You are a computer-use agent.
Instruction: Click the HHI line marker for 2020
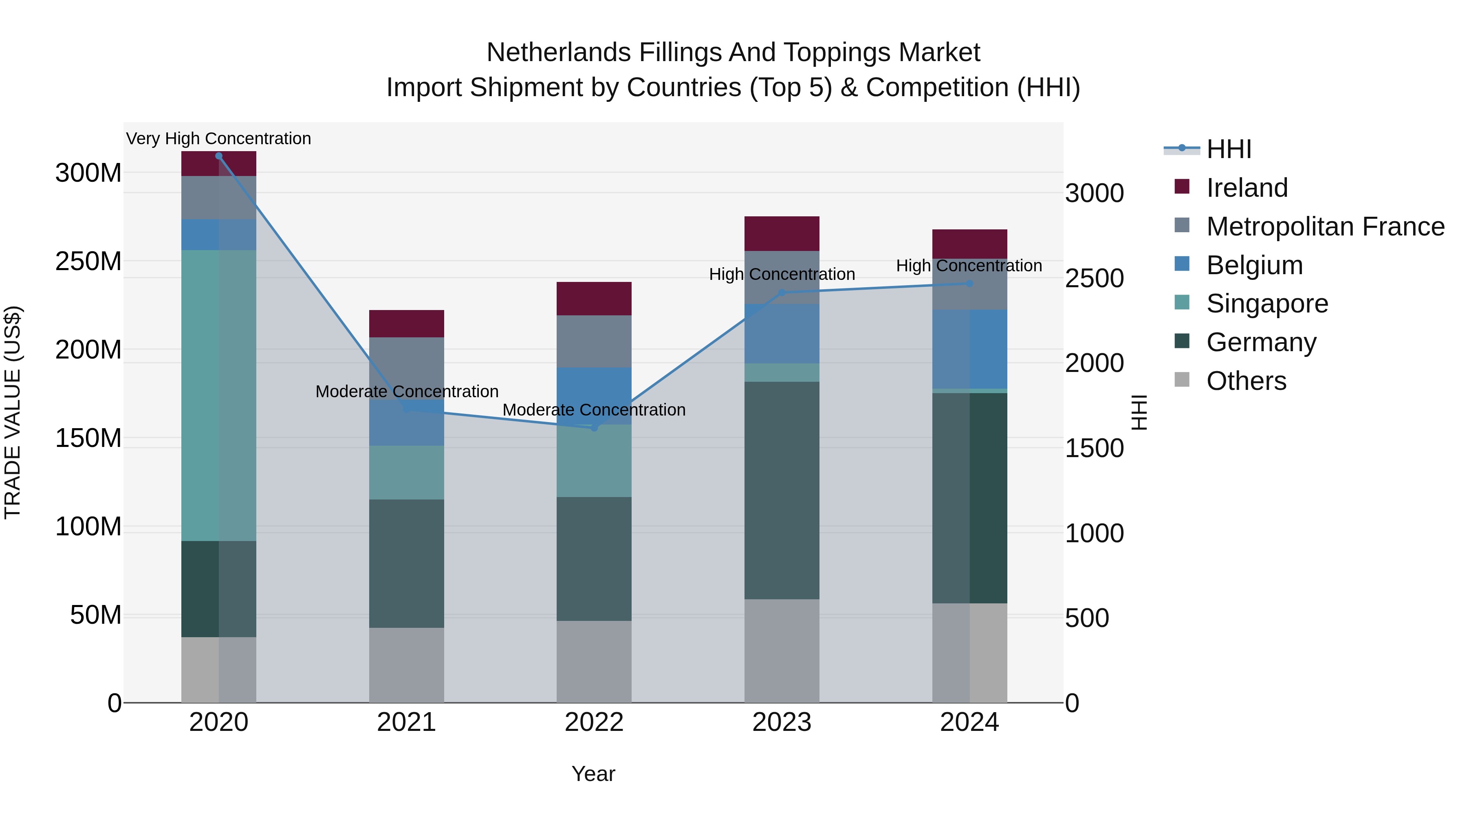[219, 156]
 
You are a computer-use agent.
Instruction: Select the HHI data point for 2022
[594, 428]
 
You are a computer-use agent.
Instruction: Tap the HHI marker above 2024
[969, 284]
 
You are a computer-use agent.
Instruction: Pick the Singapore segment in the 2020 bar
[219, 395]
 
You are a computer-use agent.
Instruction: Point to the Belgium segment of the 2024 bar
[969, 349]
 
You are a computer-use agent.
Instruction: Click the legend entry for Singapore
[1267, 304]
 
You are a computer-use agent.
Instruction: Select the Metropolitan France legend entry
[1325, 227]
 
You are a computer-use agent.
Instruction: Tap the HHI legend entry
[1228, 149]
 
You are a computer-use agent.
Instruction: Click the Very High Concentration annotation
[219, 139]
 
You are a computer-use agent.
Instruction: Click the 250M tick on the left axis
[88, 261]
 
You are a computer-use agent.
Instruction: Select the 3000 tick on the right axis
[1094, 193]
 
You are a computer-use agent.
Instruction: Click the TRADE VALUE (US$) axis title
[13, 412]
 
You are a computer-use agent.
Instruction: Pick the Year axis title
[593, 774]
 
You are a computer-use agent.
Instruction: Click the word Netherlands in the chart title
[558, 53]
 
